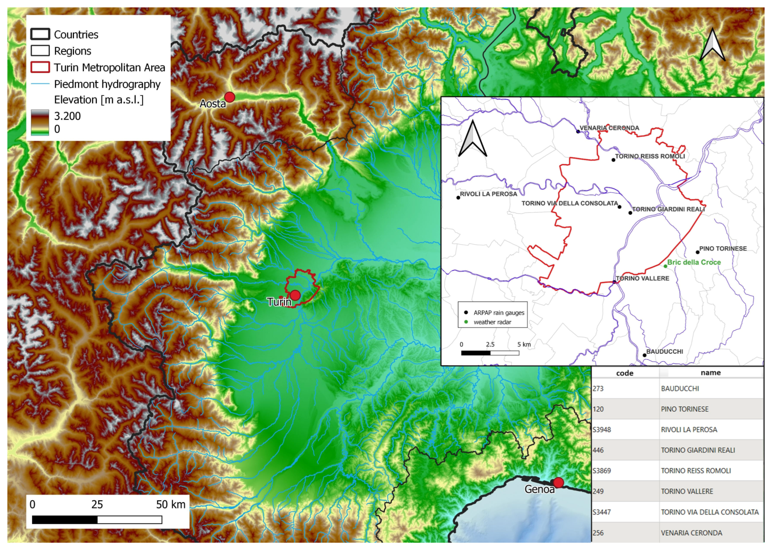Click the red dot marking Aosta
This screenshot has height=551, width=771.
tap(230, 97)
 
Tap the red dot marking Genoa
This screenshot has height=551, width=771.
tap(558, 482)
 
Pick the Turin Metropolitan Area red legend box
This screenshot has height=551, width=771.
tap(40, 67)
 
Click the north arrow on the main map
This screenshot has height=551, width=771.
tap(712, 46)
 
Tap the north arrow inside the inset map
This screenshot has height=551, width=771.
tap(472, 139)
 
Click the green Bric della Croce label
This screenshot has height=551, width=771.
tap(694, 262)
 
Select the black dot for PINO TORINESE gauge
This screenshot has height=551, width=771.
tap(697, 252)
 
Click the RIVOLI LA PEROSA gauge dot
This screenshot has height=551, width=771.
tap(458, 197)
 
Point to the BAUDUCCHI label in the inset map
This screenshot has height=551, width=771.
tap(664, 352)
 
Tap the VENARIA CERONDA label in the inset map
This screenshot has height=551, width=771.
tap(609, 128)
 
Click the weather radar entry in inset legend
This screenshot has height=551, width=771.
tap(492, 322)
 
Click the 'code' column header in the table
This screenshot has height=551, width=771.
tap(624, 373)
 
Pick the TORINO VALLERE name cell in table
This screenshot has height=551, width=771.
tap(687, 491)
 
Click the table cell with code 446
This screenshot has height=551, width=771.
tap(598, 450)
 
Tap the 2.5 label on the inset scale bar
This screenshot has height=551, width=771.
tap(490, 344)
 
